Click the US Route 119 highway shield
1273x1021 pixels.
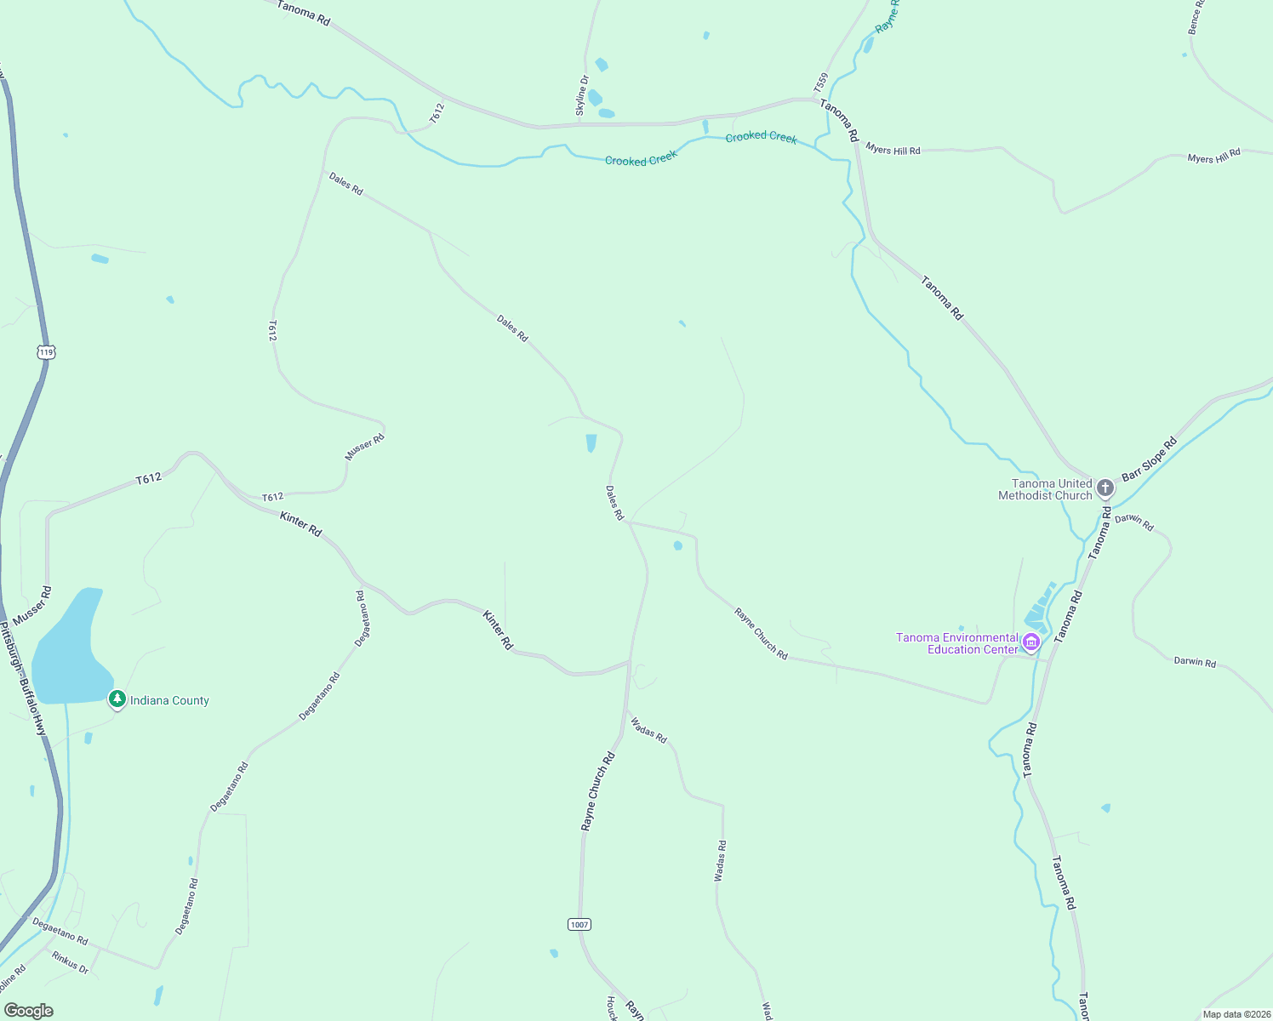click(x=46, y=351)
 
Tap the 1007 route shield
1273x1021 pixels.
click(x=579, y=924)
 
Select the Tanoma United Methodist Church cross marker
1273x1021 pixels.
click(x=1105, y=488)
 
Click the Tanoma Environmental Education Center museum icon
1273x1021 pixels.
click(x=1031, y=642)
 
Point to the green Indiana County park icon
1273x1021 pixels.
click(x=117, y=699)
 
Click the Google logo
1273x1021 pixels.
click(x=28, y=1010)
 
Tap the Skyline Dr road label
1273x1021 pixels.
click(x=583, y=95)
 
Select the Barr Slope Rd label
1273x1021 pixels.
click(x=1149, y=459)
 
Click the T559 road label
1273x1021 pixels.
click(x=820, y=83)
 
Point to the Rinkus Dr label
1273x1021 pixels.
click(x=70, y=962)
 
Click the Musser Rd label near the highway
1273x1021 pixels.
click(x=32, y=605)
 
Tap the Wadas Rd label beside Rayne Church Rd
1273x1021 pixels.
click(x=648, y=730)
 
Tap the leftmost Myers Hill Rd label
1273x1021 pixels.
click(x=893, y=150)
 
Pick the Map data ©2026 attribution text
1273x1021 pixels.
click(x=1235, y=1013)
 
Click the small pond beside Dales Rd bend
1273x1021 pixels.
click(x=591, y=443)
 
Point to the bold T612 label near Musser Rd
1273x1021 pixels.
click(x=149, y=479)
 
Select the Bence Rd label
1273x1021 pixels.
click(x=1196, y=17)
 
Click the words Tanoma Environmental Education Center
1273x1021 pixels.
click(x=957, y=643)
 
